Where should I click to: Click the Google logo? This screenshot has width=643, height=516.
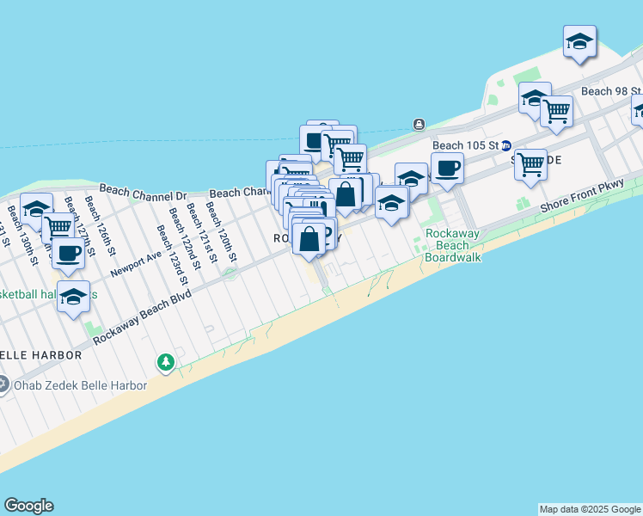pos(28,506)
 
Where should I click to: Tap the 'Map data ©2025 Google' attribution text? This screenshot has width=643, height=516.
pos(590,509)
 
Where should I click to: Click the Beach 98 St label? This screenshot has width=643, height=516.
pos(611,91)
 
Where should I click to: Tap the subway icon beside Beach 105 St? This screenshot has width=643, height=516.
pos(507,145)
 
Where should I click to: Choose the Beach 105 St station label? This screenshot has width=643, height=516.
pos(465,145)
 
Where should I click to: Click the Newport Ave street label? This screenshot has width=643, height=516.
pos(136,263)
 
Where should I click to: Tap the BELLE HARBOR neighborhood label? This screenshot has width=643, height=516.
pos(40,354)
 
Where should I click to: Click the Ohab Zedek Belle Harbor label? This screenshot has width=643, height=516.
pos(80,385)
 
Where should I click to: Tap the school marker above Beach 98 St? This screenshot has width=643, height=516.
pos(580,40)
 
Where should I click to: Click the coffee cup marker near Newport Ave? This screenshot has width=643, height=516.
pos(69,252)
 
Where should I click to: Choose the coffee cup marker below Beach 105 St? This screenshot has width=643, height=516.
pos(447,168)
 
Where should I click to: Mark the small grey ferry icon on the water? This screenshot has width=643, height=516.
pos(419,124)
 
